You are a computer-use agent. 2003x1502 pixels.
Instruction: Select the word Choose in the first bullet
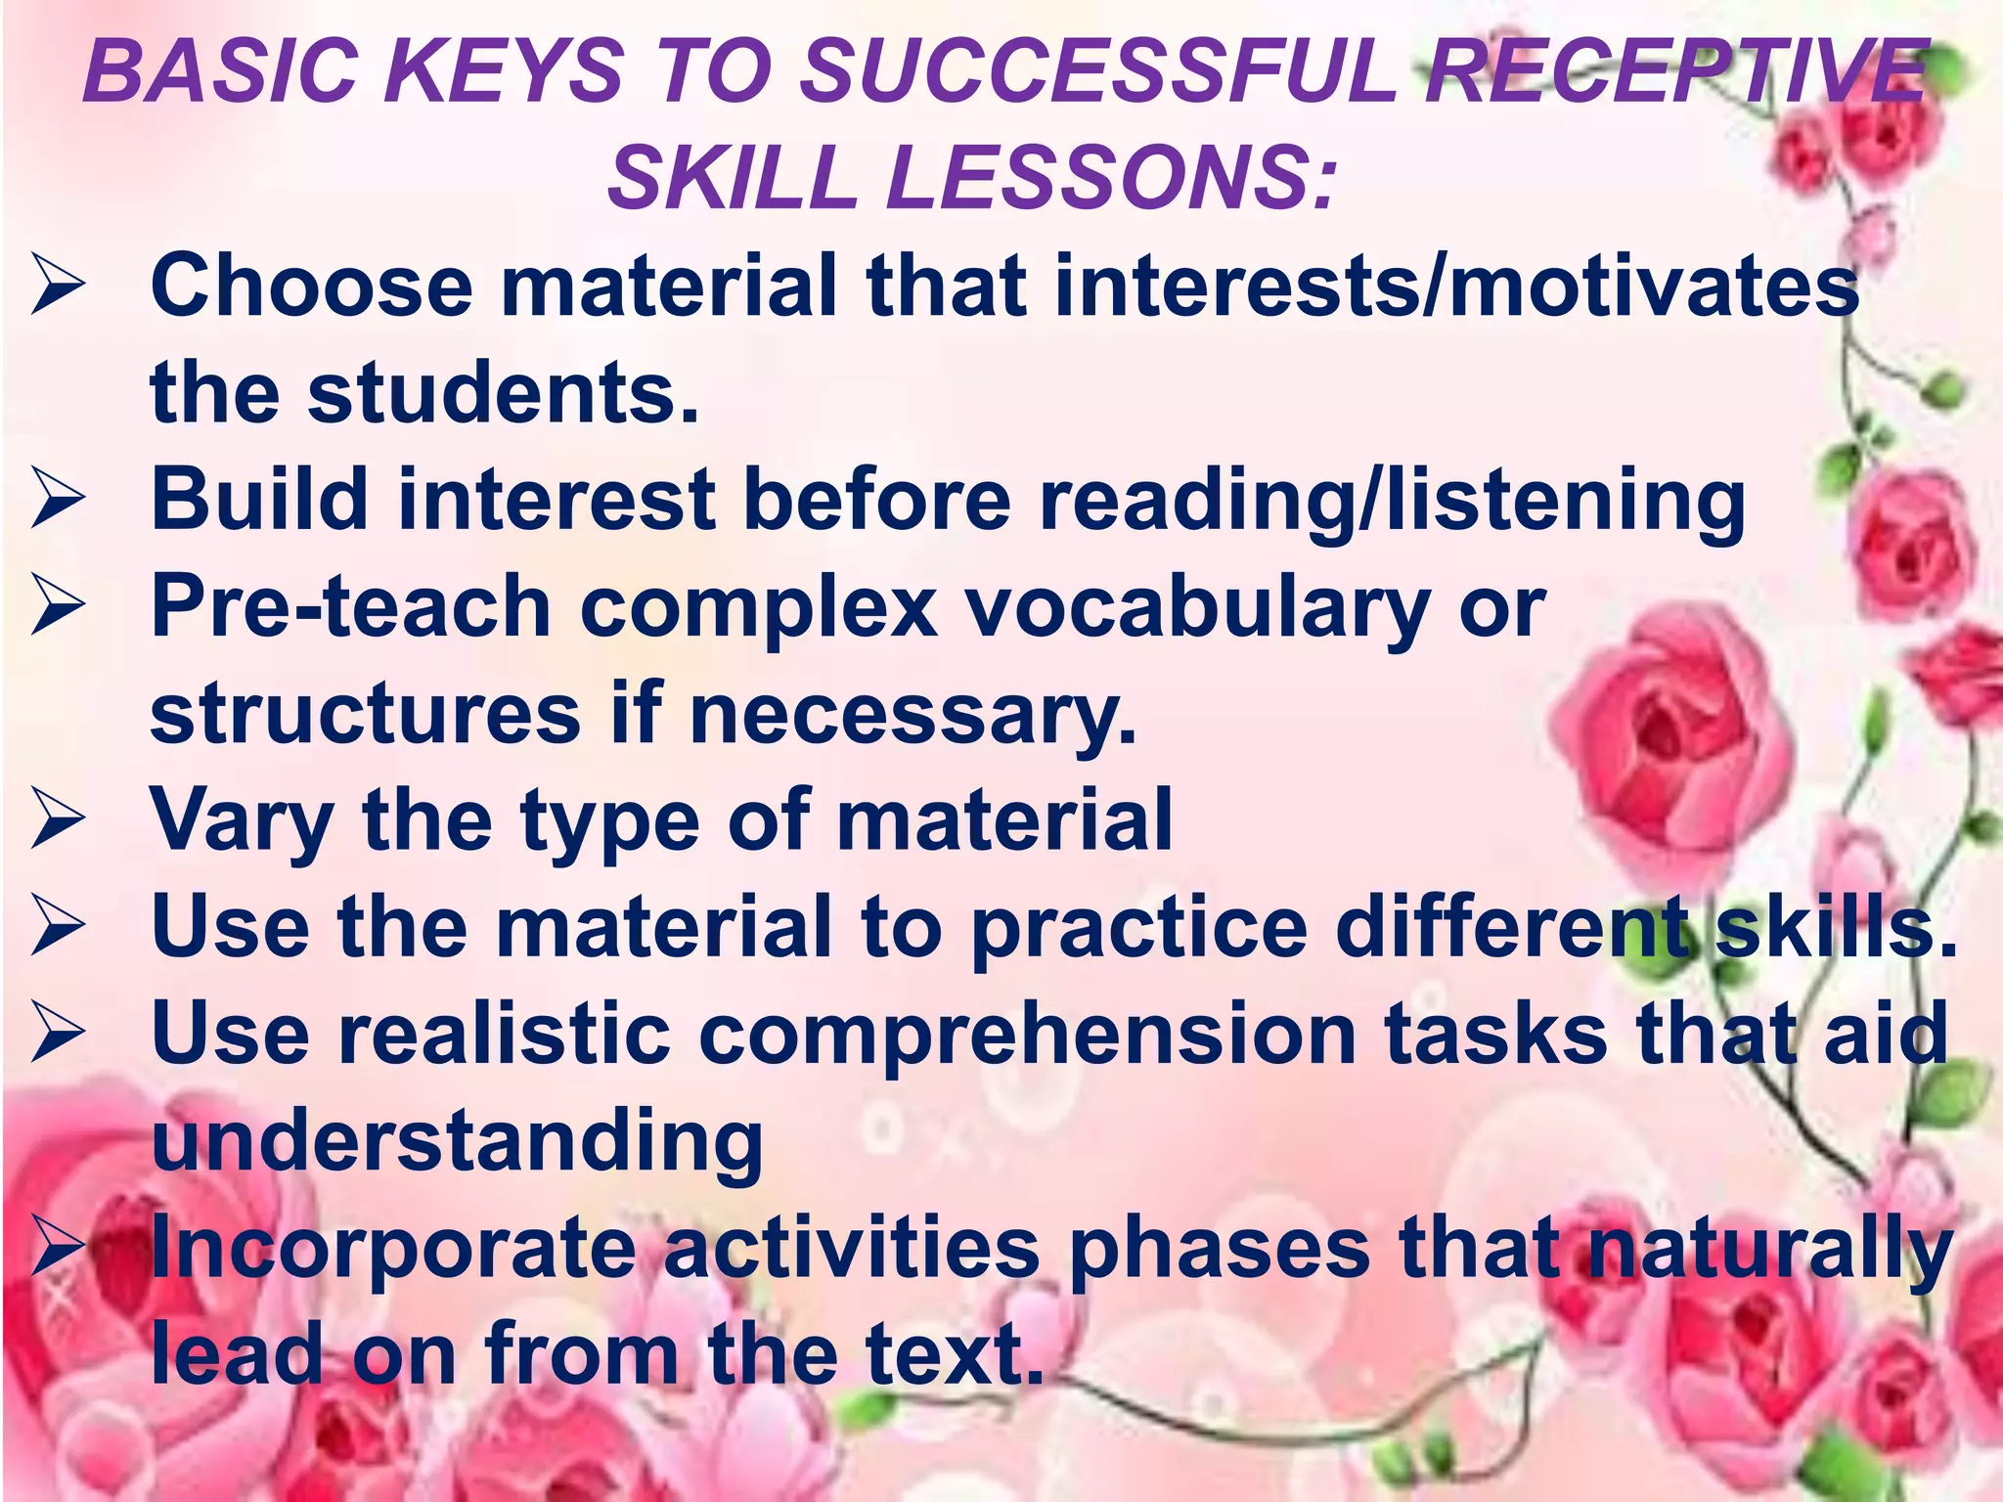311,286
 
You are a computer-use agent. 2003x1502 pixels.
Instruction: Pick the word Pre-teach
350,608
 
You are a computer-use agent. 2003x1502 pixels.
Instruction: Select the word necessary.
913,715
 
